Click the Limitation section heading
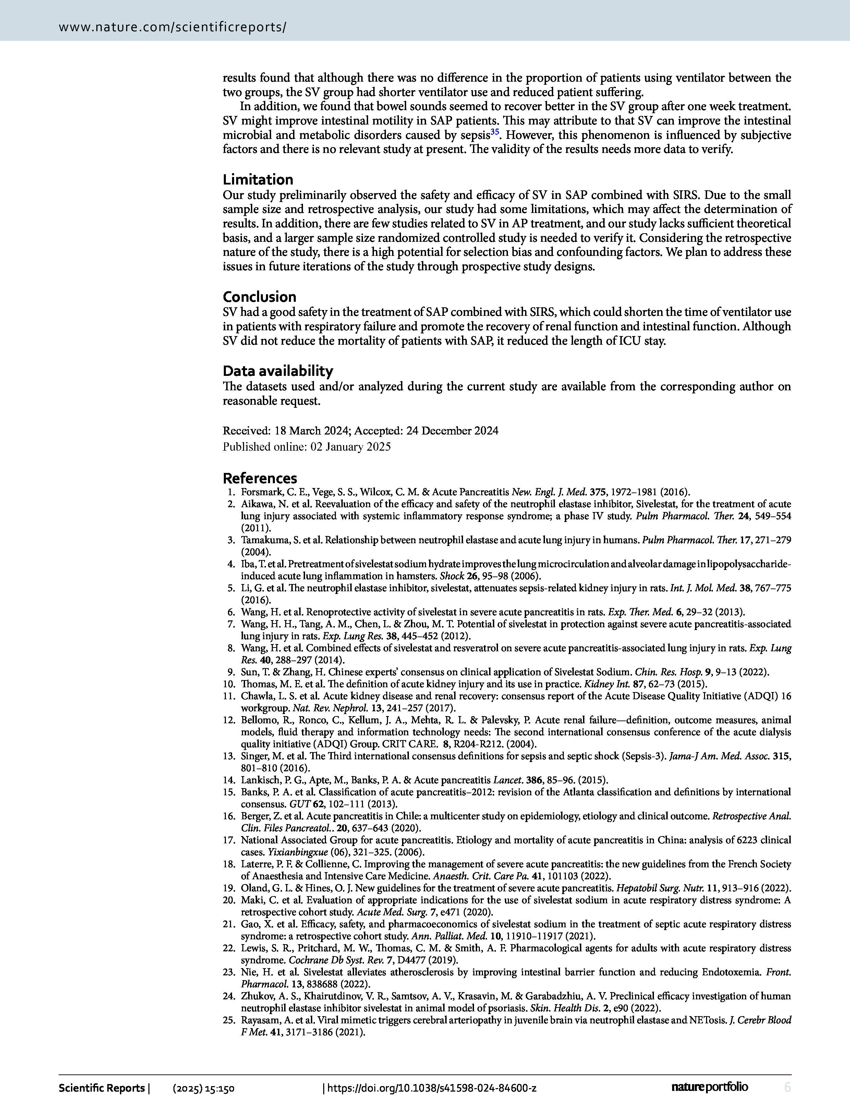pos(258,180)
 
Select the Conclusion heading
pos(259,297)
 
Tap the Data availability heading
pos(278,371)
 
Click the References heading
pos(260,478)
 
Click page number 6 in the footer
pos(787,1087)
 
